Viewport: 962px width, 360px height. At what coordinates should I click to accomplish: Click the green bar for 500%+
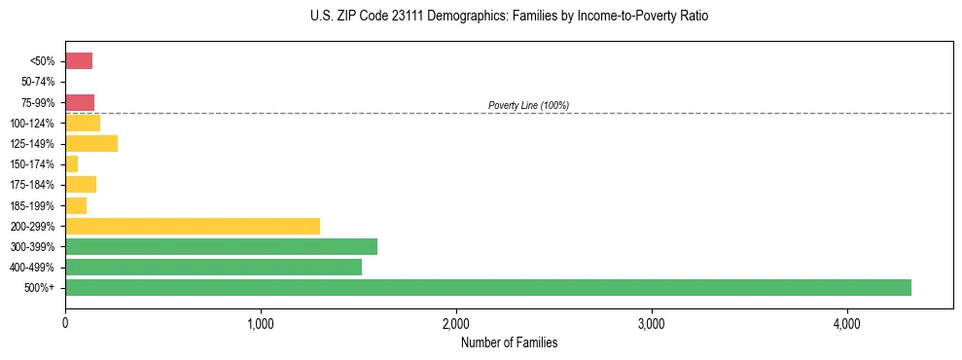(487, 287)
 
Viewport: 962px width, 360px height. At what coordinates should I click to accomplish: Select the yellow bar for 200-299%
(193, 226)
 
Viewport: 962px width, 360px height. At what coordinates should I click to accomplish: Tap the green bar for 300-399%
(221, 246)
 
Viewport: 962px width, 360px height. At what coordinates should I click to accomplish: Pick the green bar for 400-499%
(213, 267)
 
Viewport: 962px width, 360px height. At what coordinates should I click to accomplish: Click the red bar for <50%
(79, 61)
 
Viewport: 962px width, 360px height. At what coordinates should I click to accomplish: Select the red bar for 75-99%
(80, 102)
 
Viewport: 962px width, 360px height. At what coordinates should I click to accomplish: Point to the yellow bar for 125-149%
(91, 144)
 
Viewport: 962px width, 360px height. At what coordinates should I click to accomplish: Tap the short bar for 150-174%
(72, 164)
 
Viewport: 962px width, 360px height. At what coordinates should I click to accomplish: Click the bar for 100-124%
(83, 123)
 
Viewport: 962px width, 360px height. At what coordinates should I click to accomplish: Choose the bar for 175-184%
(81, 185)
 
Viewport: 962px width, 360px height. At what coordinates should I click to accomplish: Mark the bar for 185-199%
(76, 205)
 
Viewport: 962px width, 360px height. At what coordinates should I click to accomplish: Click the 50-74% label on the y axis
(39, 82)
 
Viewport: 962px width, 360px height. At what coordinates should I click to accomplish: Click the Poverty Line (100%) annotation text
(528, 105)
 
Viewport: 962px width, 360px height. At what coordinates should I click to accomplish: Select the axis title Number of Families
(509, 342)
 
